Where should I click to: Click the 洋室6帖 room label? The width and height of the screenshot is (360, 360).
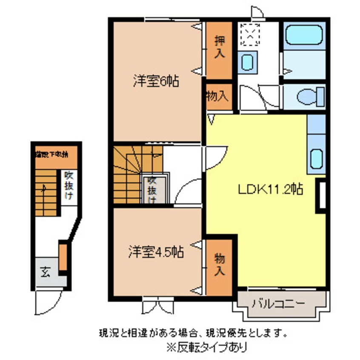(154, 80)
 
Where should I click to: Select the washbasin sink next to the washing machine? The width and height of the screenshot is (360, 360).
(248, 62)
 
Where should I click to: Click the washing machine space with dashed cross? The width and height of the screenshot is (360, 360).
(250, 34)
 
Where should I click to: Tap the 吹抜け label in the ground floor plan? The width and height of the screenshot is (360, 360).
(68, 186)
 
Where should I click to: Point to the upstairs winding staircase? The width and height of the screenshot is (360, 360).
(132, 174)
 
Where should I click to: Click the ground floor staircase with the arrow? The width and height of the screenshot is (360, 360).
(46, 191)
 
